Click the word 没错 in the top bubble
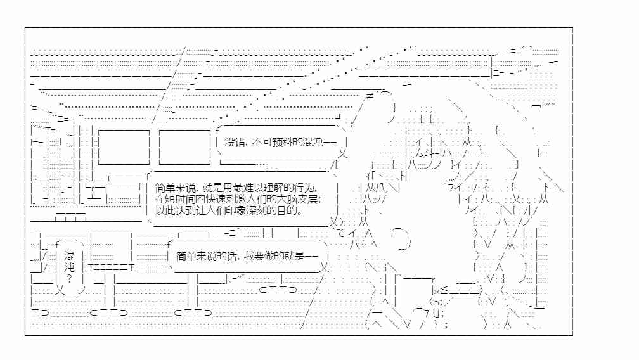tap(235, 142)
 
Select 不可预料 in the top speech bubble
tap(272, 142)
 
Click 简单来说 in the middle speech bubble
tap(175, 188)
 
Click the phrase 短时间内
tap(185, 199)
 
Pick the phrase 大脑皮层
tap(299, 199)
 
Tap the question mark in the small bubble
tap(69, 278)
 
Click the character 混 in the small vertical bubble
tap(69, 256)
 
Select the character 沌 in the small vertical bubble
tap(69, 267)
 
